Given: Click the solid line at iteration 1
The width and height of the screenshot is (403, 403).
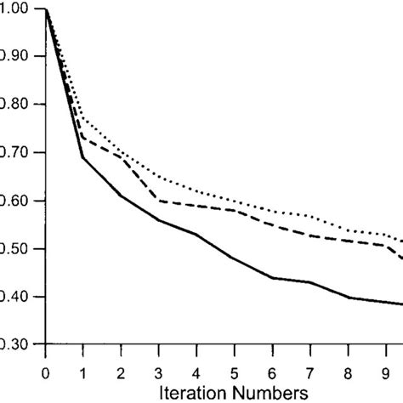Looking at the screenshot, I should click(x=82, y=157).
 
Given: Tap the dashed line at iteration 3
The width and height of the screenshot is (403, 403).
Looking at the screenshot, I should click(x=158, y=201).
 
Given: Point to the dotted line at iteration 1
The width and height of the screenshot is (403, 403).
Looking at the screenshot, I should click(x=82, y=117).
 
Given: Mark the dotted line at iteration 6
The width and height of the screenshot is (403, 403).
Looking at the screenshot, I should click(x=271, y=212).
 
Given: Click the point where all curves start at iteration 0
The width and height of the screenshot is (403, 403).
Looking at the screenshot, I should click(x=45, y=9).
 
